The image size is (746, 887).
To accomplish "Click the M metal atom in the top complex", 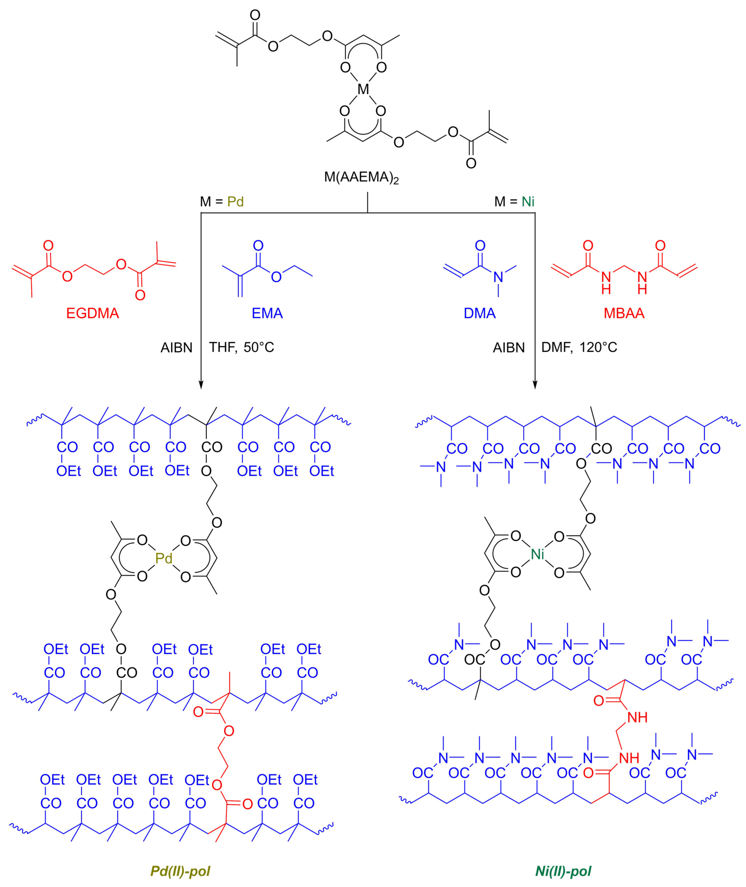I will tap(363, 89).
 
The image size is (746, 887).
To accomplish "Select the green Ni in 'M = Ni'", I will tap(528, 202).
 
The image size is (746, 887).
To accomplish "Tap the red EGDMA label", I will tap(93, 313).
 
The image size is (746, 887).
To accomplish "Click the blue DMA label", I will tap(480, 313).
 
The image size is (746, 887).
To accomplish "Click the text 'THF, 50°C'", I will tap(242, 348).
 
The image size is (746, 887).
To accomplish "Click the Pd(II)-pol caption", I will tap(180, 871).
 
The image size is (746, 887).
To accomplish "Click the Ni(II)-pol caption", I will tap(563, 871).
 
